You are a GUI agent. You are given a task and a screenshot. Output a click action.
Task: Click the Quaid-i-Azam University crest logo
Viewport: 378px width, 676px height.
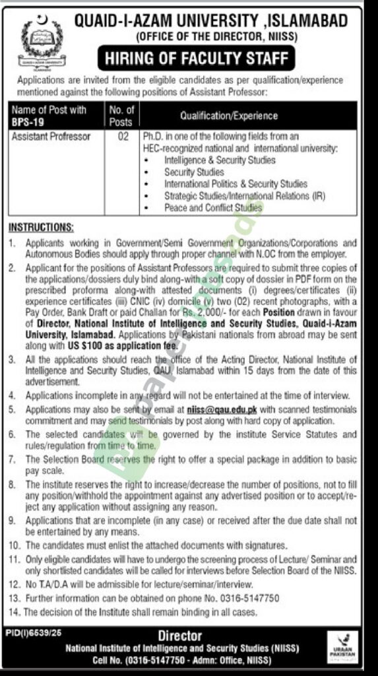(x=39, y=41)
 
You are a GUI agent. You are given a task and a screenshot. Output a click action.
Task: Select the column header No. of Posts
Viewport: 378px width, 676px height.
(x=121, y=115)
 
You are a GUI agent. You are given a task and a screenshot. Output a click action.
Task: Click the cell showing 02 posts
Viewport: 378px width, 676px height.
(x=122, y=137)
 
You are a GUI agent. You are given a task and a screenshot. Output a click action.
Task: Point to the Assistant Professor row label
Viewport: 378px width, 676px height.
(x=52, y=137)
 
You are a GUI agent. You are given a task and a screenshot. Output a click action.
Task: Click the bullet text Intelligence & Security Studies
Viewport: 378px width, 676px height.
(x=220, y=160)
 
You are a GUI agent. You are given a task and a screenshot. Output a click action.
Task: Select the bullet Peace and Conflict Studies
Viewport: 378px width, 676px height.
(x=213, y=208)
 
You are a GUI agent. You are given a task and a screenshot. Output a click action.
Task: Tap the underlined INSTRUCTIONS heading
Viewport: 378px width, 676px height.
(x=42, y=227)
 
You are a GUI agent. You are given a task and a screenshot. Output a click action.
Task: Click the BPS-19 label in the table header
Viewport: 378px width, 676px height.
(x=25, y=121)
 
